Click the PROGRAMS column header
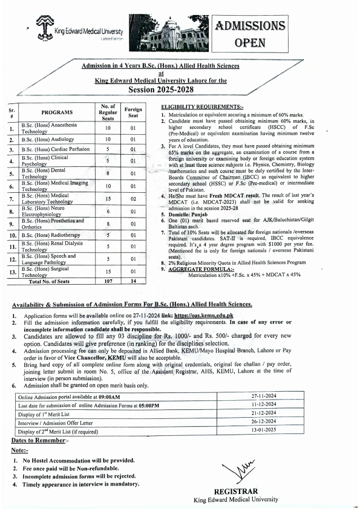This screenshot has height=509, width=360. [x=57, y=112]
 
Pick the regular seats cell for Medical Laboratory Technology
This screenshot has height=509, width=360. [x=107, y=198]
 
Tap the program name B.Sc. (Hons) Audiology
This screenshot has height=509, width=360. [x=45, y=140]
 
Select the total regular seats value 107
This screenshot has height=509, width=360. [x=107, y=281]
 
